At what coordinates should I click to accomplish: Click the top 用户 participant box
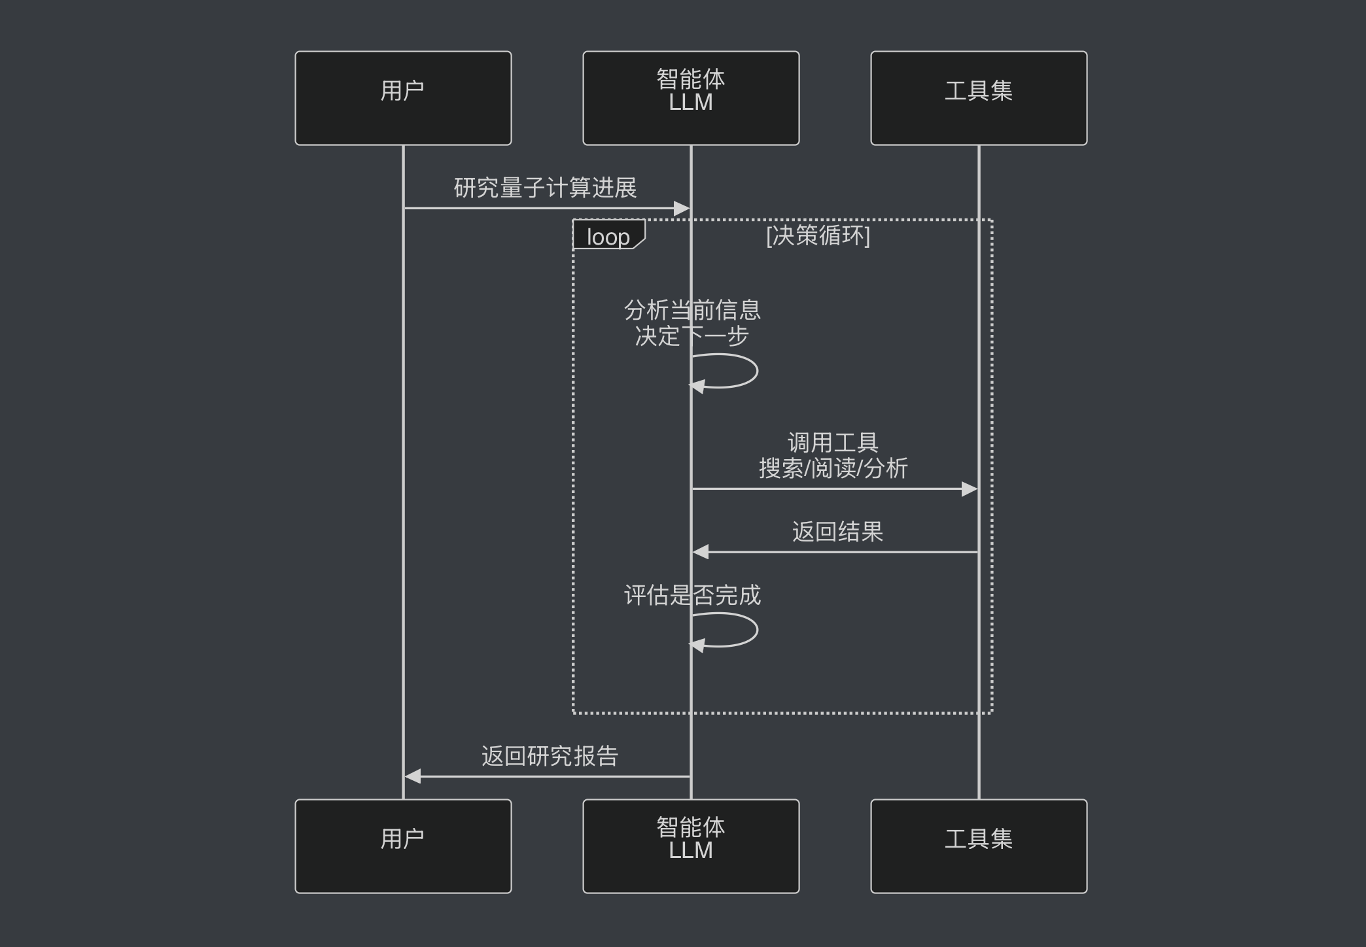click(403, 98)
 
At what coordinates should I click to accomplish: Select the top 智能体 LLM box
click(691, 98)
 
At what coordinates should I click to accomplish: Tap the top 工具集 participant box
click(979, 98)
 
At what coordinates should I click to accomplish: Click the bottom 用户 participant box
click(403, 846)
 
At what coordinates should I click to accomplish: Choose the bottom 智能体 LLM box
click(691, 846)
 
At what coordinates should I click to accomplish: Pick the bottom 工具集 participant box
click(979, 846)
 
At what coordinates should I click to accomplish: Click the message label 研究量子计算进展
click(545, 188)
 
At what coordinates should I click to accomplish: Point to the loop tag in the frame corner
click(608, 236)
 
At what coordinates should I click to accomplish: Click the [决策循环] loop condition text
click(818, 235)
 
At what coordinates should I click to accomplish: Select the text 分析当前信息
click(692, 310)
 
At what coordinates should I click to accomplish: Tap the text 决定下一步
click(692, 336)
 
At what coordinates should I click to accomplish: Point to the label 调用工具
click(833, 443)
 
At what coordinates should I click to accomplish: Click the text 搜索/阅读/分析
click(833, 468)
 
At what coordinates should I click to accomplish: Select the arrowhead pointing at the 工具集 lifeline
click(969, 489)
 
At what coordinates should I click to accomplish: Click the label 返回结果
click(837, 532)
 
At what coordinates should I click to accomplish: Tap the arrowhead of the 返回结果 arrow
click(701, 552)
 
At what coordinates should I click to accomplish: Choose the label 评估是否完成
click(692, 595)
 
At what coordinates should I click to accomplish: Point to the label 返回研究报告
click(550, 756)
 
